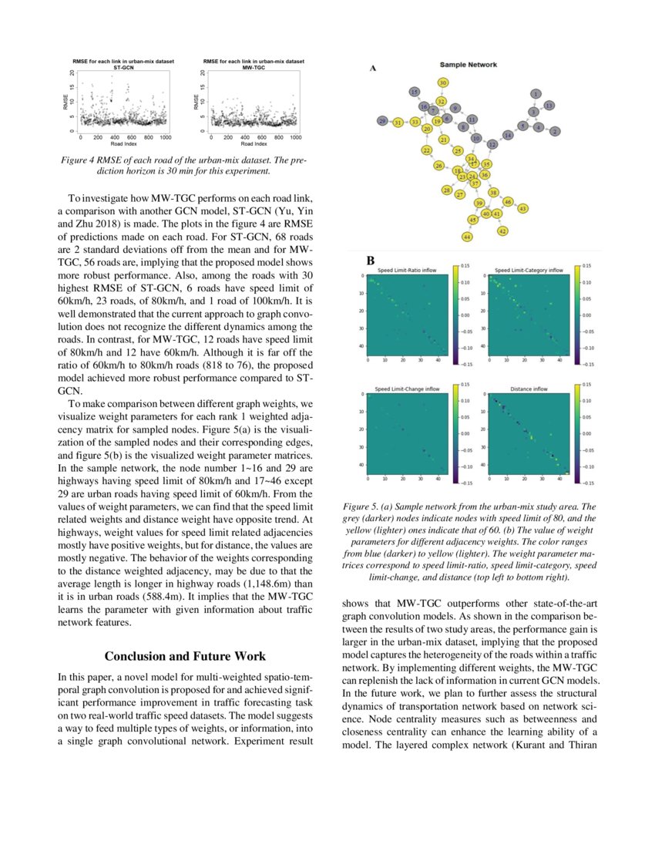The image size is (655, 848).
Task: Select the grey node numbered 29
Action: (x=382, y=121)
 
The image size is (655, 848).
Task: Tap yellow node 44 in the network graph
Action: (x=467, y=237)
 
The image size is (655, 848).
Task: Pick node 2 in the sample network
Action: (x=555, y=131)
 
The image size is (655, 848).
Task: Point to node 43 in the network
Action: (x=523, y=208)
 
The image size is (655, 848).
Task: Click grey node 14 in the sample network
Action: (x=507, y=135)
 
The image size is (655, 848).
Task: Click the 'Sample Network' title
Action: (x=468, y=65)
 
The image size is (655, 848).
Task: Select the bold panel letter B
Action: (x=371, y=262)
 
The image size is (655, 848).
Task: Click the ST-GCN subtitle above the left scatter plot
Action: (x=113, y=68)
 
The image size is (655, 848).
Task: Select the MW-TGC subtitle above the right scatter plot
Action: (x=254, y=68)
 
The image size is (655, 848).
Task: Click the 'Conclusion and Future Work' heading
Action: (x=185, y=656)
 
